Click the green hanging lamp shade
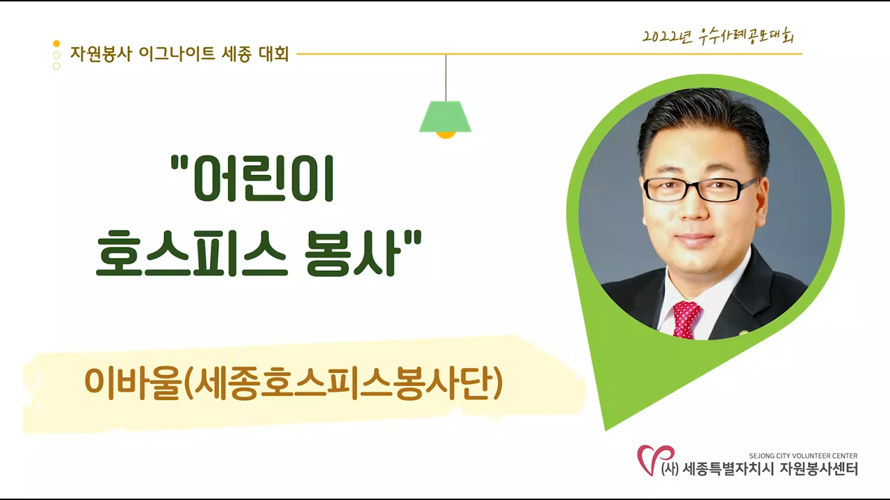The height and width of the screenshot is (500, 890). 445,116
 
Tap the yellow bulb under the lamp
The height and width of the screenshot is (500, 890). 446,135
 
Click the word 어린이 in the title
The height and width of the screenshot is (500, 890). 252,178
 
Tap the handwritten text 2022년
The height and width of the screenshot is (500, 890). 667,37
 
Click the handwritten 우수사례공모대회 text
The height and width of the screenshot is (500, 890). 747,37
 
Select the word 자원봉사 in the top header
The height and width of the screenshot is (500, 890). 101,54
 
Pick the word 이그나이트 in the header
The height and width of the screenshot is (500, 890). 177,54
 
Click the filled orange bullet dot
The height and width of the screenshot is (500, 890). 56,43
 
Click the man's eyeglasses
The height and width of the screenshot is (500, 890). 700,190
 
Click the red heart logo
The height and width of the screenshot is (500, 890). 656,460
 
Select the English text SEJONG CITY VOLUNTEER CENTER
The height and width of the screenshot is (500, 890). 803,456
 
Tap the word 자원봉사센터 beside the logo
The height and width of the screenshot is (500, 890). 818,469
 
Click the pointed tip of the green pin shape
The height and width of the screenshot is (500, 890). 605,430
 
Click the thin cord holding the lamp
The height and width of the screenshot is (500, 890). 446,78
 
